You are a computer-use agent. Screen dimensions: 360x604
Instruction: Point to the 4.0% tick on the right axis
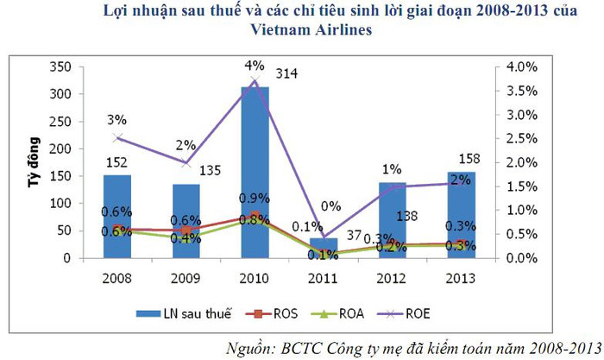[523, 67]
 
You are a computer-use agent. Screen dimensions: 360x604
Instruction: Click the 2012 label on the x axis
[389, 279]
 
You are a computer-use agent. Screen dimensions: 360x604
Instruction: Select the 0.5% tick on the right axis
[523, 234]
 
